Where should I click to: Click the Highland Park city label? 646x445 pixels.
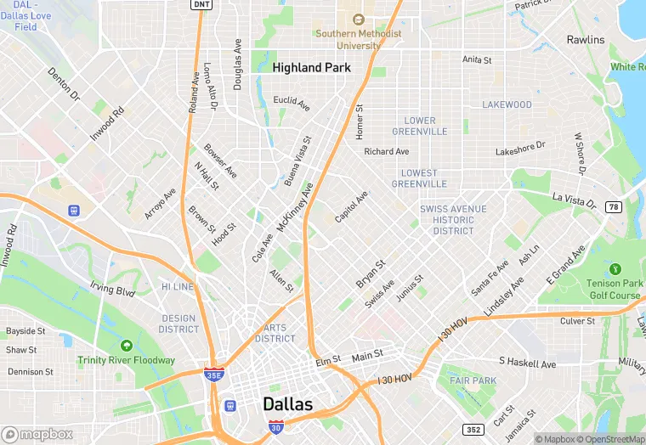click(x=312, y=67)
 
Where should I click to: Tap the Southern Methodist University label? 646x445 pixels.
click(x=358, y=40)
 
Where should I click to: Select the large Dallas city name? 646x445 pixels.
click(x=287, y=404)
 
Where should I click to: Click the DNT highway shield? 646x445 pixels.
click(x=200, y=4)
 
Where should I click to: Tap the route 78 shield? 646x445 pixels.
click(x=613, y=206)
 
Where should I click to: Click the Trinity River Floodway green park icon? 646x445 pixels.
click(x=127, y=346)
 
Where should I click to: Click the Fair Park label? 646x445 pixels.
click(x=473, y=380)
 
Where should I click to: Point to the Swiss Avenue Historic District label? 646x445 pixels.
click(x=453, y=220)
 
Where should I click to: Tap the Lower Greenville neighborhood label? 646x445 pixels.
click(x=420, y=126)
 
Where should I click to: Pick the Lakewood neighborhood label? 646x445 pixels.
click(x=507, y=104)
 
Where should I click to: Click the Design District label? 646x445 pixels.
click(x=178, y=324)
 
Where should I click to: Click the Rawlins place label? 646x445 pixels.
click(x=586, y=40)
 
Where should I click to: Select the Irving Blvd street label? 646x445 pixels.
click(x=113, y=290)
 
